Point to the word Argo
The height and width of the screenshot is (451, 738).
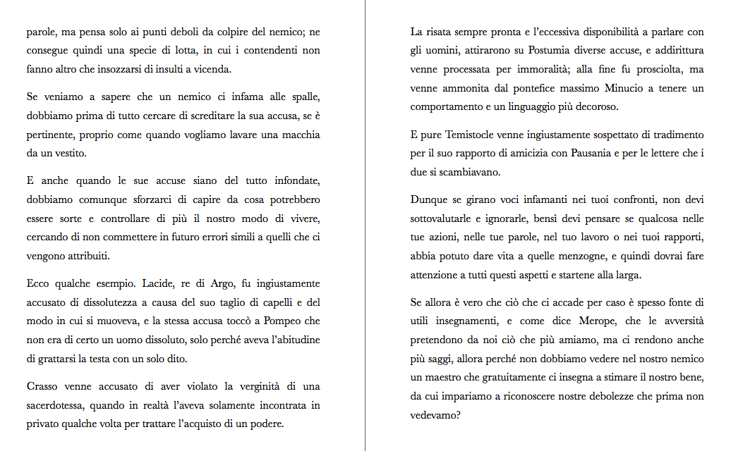pos(224,284)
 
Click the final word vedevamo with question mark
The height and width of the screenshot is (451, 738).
pos(436,414)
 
